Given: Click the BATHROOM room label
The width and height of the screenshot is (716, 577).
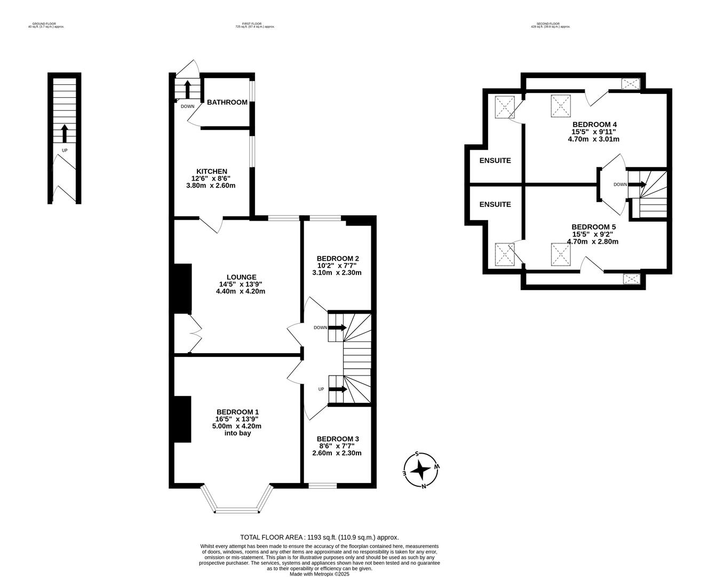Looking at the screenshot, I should (x=227, y=102).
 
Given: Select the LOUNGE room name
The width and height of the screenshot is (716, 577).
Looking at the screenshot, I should (x=241, y=277).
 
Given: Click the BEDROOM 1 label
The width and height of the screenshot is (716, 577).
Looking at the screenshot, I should (x=237, y=411).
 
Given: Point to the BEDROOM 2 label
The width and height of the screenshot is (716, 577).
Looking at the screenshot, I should (x=337, y=258).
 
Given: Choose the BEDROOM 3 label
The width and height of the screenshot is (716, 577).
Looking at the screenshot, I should (x=337, y=439).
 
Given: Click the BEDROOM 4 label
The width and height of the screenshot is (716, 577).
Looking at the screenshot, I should (x=594, y=124).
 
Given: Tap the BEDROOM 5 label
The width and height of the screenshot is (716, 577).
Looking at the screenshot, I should (x=593, y=227).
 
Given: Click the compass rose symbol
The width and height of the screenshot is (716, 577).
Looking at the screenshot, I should (x=421, y=470).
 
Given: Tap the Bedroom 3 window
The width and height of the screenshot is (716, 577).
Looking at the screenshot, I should (x=323, y=486).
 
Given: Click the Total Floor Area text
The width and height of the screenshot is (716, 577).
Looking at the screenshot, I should (x=319, y=537).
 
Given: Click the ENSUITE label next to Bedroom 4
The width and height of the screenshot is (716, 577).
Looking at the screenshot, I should (x=495, y=160).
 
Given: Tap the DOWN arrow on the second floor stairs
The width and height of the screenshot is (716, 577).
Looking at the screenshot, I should (x=637, y=185).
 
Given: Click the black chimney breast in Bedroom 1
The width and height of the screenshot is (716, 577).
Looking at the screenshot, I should (x=182, y=419).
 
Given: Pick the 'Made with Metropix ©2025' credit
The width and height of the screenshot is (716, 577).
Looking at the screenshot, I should (x=319, y=574).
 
